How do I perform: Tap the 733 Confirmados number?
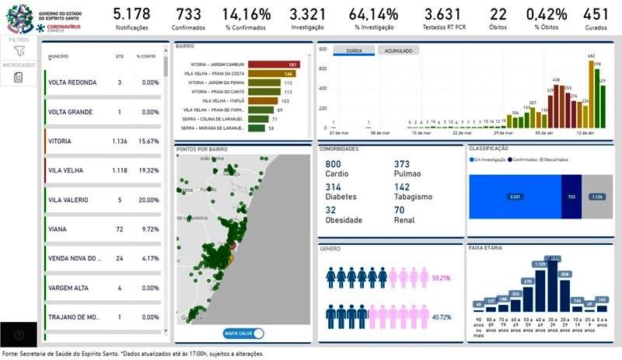188,14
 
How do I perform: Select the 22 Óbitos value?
498,14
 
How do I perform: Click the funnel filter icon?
19,51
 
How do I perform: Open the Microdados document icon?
19,77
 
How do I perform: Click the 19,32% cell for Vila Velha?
148,170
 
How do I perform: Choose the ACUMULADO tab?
398,51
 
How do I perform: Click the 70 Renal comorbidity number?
400,210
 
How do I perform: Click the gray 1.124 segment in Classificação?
597,197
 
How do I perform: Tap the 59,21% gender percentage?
440,277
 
